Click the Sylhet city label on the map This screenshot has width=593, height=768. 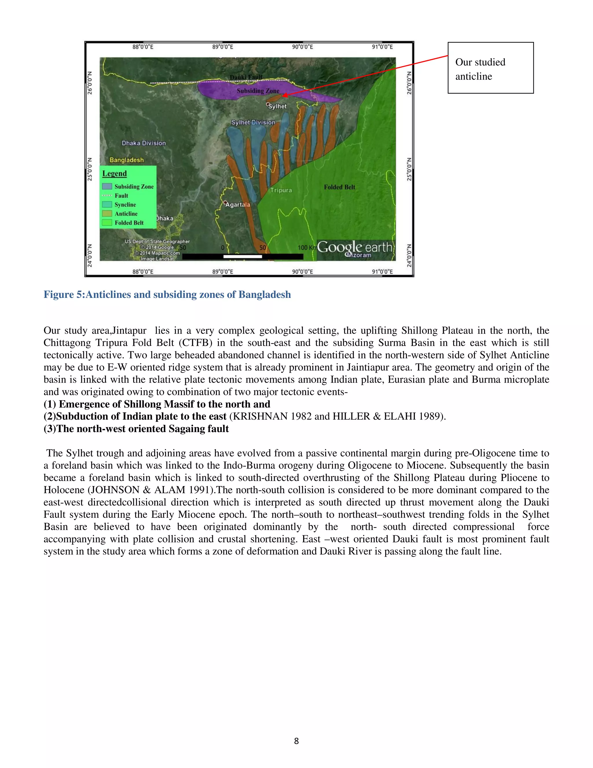277,106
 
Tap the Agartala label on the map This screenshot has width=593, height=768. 238,205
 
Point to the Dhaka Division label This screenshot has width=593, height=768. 144,143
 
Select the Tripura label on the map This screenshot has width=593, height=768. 281,190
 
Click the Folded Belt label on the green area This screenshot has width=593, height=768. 339,187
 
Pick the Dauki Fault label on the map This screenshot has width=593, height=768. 246,77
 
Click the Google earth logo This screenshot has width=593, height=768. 355,247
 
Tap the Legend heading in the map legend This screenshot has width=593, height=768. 115,174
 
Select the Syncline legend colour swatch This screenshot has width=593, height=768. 107,205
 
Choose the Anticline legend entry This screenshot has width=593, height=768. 126,214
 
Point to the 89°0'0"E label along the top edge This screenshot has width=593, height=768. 223,47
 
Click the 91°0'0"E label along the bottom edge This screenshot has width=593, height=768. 382,272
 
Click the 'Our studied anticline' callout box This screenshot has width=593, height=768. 490,68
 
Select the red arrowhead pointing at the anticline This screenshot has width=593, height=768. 285,95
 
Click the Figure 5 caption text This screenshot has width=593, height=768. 167,295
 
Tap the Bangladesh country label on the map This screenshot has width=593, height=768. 127,160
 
